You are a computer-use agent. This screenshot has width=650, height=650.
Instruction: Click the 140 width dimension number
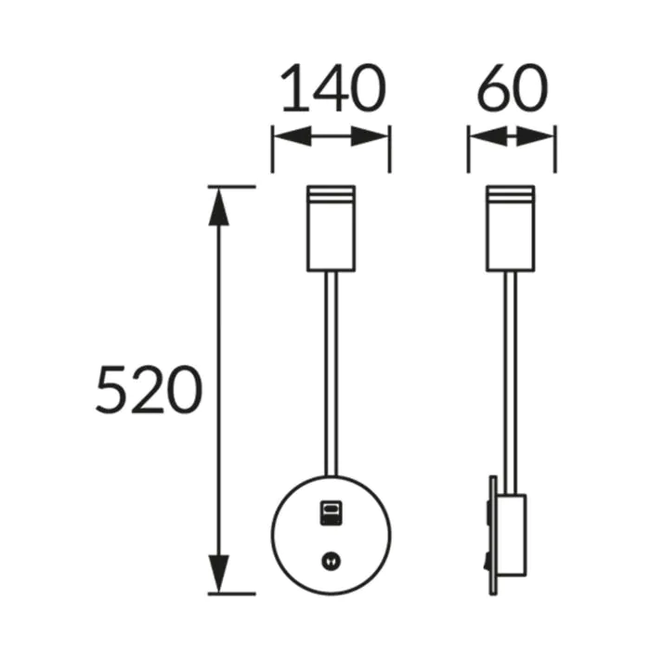(333, 88)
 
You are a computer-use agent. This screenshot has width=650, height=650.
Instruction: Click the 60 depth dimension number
(513, 88)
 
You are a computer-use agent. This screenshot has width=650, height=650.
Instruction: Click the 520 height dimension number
(149, 389)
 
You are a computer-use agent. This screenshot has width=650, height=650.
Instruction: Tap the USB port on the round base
(331, 513)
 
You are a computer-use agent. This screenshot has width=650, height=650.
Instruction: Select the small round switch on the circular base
(331, 562)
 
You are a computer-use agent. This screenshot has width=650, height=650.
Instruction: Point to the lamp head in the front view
(331, 228)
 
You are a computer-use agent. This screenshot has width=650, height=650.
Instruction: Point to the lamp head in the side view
(511, 228)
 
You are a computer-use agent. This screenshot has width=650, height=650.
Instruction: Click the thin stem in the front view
(331, 374)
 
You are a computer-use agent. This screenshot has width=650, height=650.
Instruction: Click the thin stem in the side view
(511, 383)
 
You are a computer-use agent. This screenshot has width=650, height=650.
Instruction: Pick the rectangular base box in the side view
(513, 535)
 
